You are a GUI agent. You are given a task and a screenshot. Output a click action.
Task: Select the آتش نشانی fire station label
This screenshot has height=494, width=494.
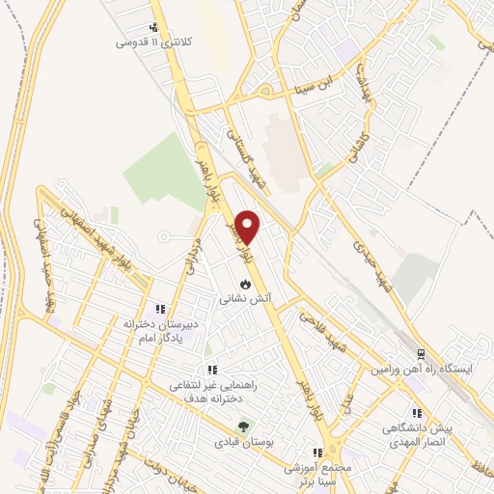click(x=247, y=300)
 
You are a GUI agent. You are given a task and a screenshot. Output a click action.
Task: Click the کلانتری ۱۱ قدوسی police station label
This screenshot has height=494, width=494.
click(x=150, y=43)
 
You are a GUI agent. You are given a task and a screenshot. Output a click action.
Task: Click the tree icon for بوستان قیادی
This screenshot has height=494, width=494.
click(x=243, y=425)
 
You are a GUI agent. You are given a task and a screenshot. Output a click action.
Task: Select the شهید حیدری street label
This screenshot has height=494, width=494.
click(x=371, y=255)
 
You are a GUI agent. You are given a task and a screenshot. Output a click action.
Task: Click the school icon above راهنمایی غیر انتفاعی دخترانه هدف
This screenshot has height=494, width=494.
click(x=211, y=370)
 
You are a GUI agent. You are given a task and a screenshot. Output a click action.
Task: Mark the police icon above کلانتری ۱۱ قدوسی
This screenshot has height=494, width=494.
click(x=153, y=28)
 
